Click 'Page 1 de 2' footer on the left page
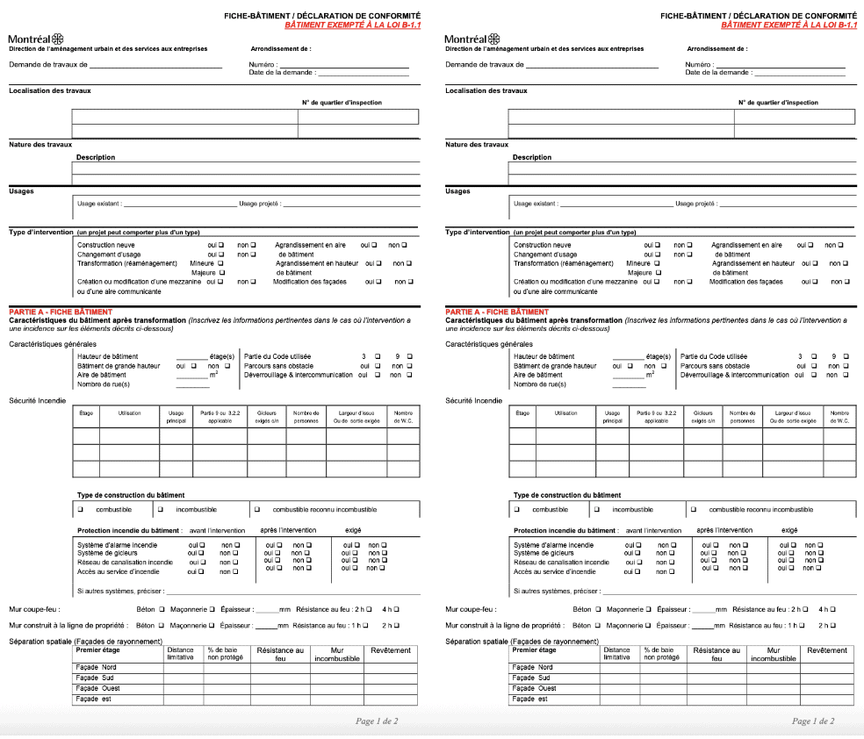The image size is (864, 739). coord(377,721)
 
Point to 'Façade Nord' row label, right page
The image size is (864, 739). coord(533,667)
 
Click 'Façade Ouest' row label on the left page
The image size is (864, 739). coord(97,688)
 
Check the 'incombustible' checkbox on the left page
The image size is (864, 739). coord(161,509)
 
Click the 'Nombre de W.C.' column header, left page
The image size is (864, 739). coord(403,416)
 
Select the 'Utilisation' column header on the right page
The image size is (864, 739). coord(565,413)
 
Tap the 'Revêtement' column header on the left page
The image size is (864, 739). coord(390,650)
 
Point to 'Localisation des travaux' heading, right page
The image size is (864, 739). coord(486,90)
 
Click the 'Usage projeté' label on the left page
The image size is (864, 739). coord(260,204)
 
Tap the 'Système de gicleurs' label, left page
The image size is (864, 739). coord(109,553)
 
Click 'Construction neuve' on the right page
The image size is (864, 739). coord(542,245)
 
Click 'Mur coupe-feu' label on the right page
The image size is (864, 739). coord(469,608)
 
